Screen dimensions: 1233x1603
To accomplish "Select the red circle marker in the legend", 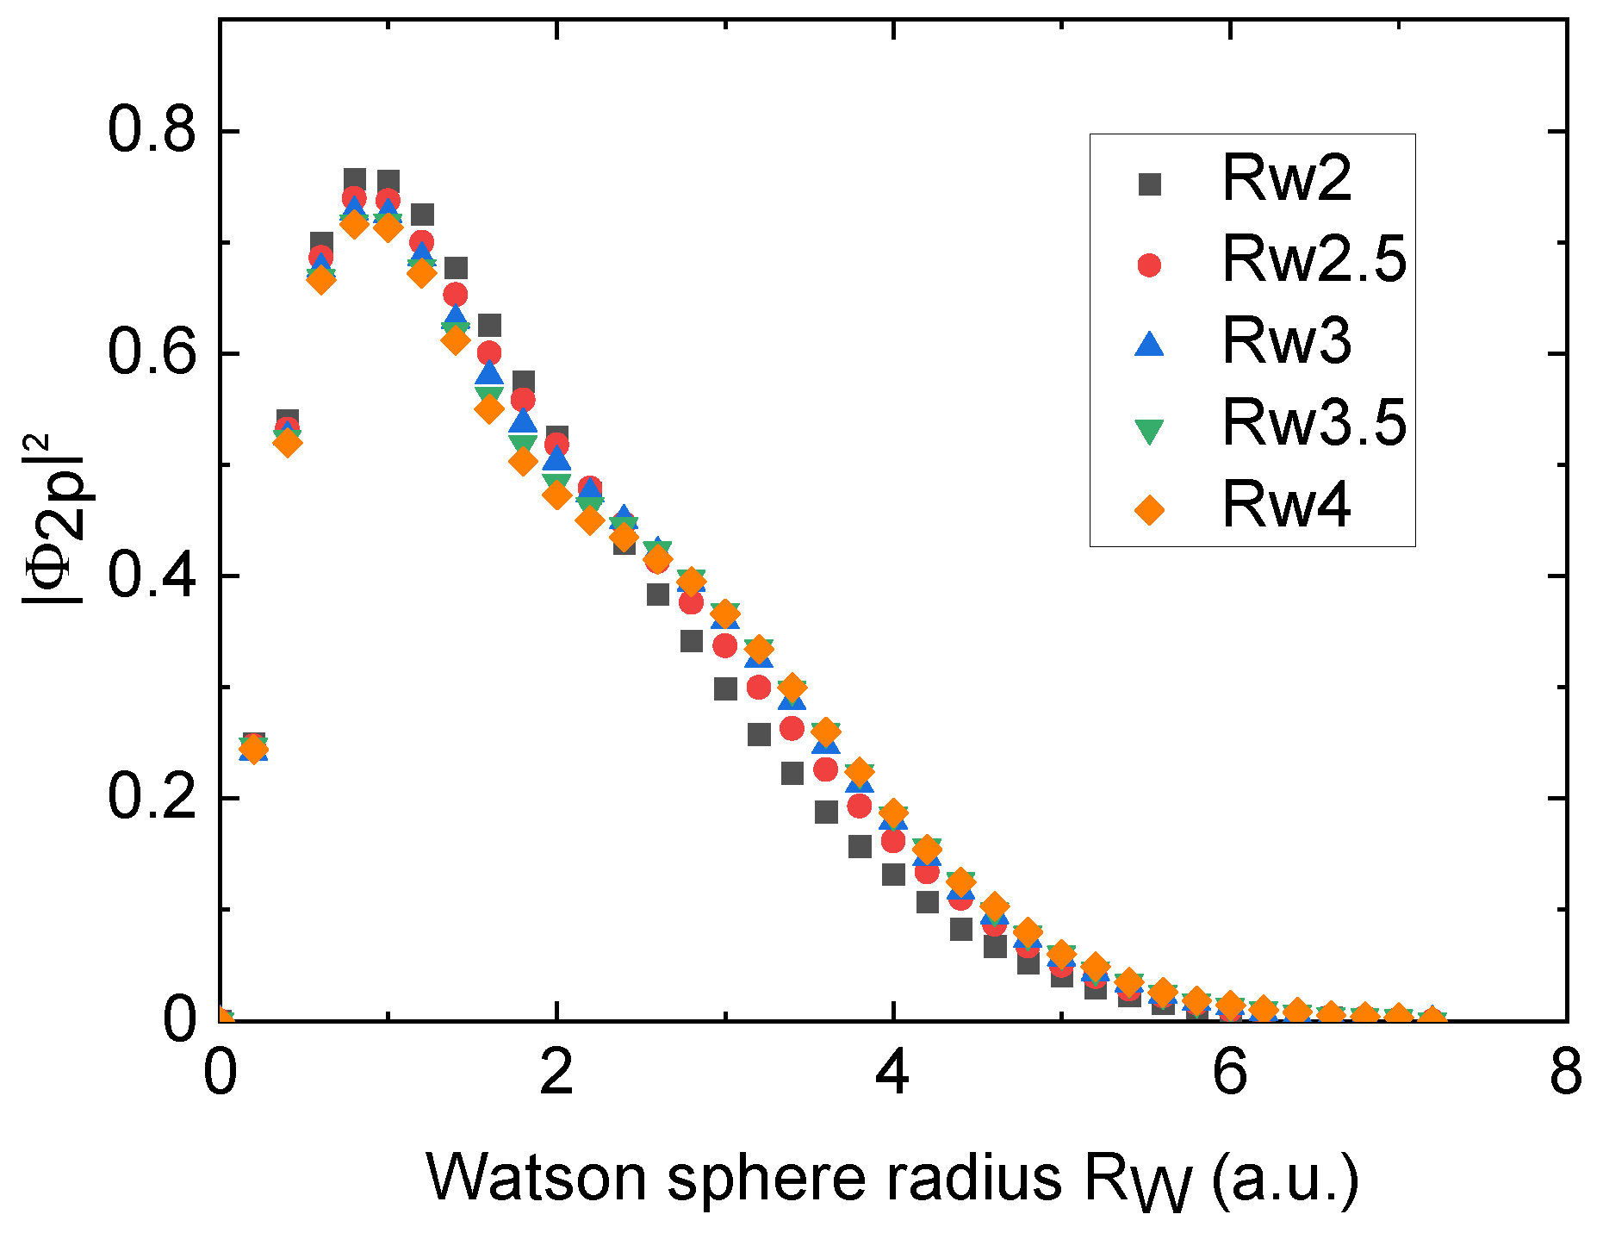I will coord(1149,264).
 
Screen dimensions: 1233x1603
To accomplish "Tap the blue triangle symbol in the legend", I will coord(1149,344).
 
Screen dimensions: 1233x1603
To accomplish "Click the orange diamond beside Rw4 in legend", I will coord(1149,510).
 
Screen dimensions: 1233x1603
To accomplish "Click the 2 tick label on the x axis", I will coord(556,1074).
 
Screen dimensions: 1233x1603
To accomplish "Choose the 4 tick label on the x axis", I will coord(893,1074).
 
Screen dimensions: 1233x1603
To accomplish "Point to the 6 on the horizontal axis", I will coord(1230,1074).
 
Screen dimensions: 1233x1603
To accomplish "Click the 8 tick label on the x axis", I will coord(1565,1074).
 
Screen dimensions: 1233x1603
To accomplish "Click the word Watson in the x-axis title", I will coord(536,1177).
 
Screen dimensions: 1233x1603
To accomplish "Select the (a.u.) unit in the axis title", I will coord(1285,1179).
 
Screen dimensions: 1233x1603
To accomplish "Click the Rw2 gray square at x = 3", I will coord(725,689).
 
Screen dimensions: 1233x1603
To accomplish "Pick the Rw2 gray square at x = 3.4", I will coord(792,774).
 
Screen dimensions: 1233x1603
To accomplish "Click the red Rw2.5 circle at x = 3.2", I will coord(759,688).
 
